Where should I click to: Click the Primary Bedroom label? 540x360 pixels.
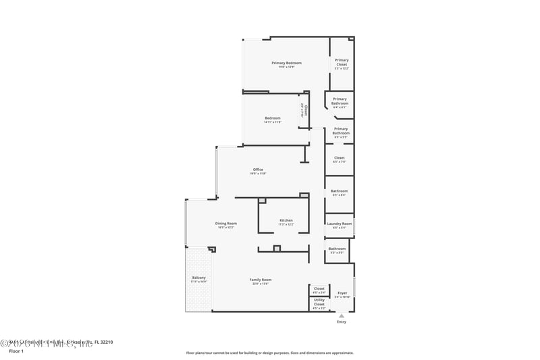pos(286,63)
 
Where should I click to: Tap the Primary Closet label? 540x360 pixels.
pos(342,62)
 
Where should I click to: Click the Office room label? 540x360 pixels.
pos(258,170)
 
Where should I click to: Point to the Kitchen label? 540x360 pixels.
pos(286,221)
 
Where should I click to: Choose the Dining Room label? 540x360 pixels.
pos(226,224)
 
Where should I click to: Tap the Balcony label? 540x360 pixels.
pos(198,278)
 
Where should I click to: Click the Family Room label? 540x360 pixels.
pos(261,280)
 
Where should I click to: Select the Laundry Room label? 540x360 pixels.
pos(339,224)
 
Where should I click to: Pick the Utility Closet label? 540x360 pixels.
pos(319,302)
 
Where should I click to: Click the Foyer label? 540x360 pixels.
pos(342,293)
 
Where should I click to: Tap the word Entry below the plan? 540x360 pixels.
pos(342,322)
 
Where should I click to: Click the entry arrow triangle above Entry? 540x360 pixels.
pos(342,315)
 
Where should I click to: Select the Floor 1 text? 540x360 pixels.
pos(16,351)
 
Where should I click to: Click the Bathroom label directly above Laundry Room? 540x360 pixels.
pos(339,191)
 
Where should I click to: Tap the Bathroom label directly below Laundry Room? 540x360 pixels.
pos(337,249)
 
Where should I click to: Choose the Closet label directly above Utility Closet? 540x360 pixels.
pos(319,288)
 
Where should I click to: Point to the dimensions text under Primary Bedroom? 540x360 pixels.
pos(286,67)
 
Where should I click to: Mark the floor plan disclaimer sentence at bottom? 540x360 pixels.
pos(269,353)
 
